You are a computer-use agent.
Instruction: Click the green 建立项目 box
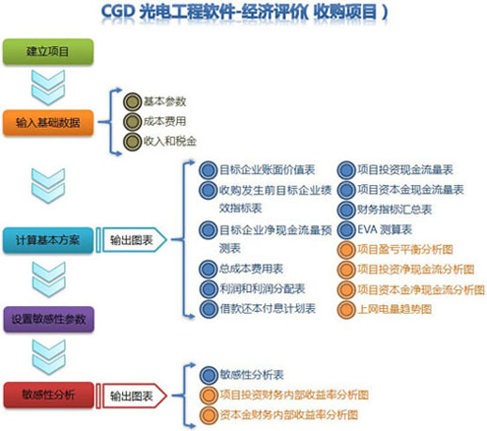48,52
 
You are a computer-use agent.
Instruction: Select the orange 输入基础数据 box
48,122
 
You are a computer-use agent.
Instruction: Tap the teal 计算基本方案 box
48,240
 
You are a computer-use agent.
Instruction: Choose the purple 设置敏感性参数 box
49,319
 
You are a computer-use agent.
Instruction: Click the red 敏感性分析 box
49,394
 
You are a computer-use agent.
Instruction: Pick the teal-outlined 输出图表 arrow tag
134,240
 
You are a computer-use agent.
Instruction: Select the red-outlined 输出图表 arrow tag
134,396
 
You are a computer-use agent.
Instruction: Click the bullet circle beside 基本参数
133,101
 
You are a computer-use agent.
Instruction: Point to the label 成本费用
165,121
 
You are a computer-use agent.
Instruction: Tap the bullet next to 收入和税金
133,142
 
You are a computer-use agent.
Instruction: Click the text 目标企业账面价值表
267,170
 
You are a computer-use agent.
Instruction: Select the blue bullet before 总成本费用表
208,269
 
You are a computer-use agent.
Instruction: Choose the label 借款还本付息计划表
267,309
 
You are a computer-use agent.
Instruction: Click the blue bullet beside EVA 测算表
346,230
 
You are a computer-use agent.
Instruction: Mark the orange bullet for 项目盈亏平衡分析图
346,250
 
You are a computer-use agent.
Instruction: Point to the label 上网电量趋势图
395,310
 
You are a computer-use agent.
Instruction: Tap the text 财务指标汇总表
395,209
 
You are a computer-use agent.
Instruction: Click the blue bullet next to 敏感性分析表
209,376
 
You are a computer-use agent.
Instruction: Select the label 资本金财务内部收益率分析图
289,415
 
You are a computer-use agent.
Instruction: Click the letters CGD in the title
118,12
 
